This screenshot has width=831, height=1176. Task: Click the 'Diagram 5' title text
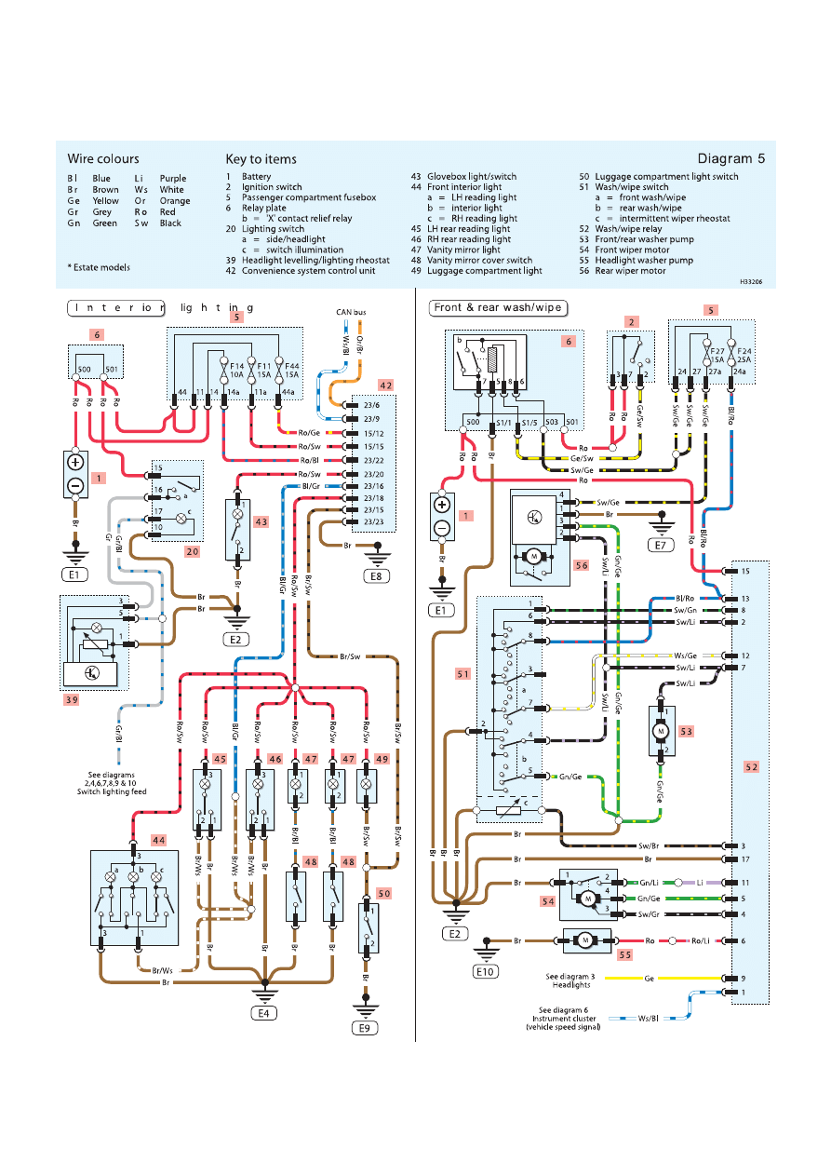[x=731, y=158]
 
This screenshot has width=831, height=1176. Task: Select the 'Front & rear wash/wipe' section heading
[x=498, y=307]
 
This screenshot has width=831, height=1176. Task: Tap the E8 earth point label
[x=377, y=576]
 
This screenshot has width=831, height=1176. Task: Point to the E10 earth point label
[x=485, y=970]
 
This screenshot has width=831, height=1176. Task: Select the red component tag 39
[x=72, y=698]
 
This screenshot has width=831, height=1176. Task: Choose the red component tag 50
[x=384, y=893]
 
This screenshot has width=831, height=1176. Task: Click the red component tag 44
[x=159, y=841]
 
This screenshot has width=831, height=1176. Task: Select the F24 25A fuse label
[x=743, y=356]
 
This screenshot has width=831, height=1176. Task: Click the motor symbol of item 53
[x=662, y=731]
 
